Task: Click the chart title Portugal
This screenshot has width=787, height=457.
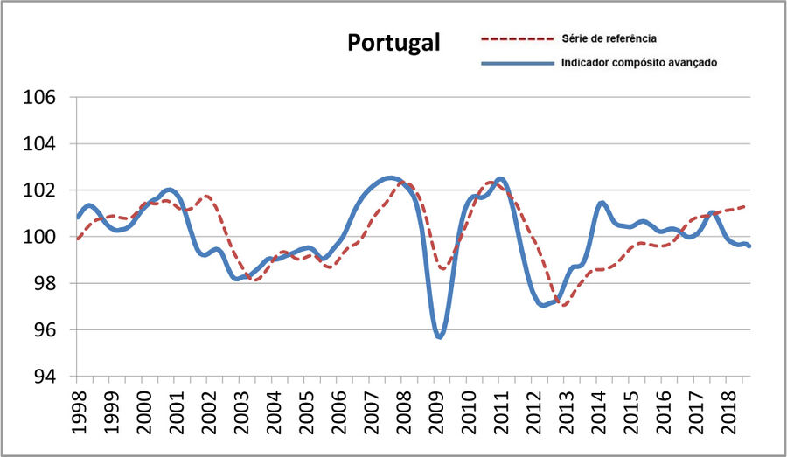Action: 393,43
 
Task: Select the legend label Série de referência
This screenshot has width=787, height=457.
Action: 609,38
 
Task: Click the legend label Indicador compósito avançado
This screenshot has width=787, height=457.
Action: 639,63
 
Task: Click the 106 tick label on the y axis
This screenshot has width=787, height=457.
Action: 39,97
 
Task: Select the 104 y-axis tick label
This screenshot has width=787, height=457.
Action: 39,143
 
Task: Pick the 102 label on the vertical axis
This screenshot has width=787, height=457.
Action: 39,190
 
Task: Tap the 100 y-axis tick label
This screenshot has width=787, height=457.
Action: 39,237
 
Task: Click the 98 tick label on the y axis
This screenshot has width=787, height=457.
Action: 43,283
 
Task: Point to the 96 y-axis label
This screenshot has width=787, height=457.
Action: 43,330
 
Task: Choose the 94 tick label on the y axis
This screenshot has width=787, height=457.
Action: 43,377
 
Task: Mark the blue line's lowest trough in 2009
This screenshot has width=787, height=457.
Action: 440,336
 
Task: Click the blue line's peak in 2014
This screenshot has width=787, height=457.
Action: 602,203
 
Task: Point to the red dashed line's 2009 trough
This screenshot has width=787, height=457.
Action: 443,268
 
